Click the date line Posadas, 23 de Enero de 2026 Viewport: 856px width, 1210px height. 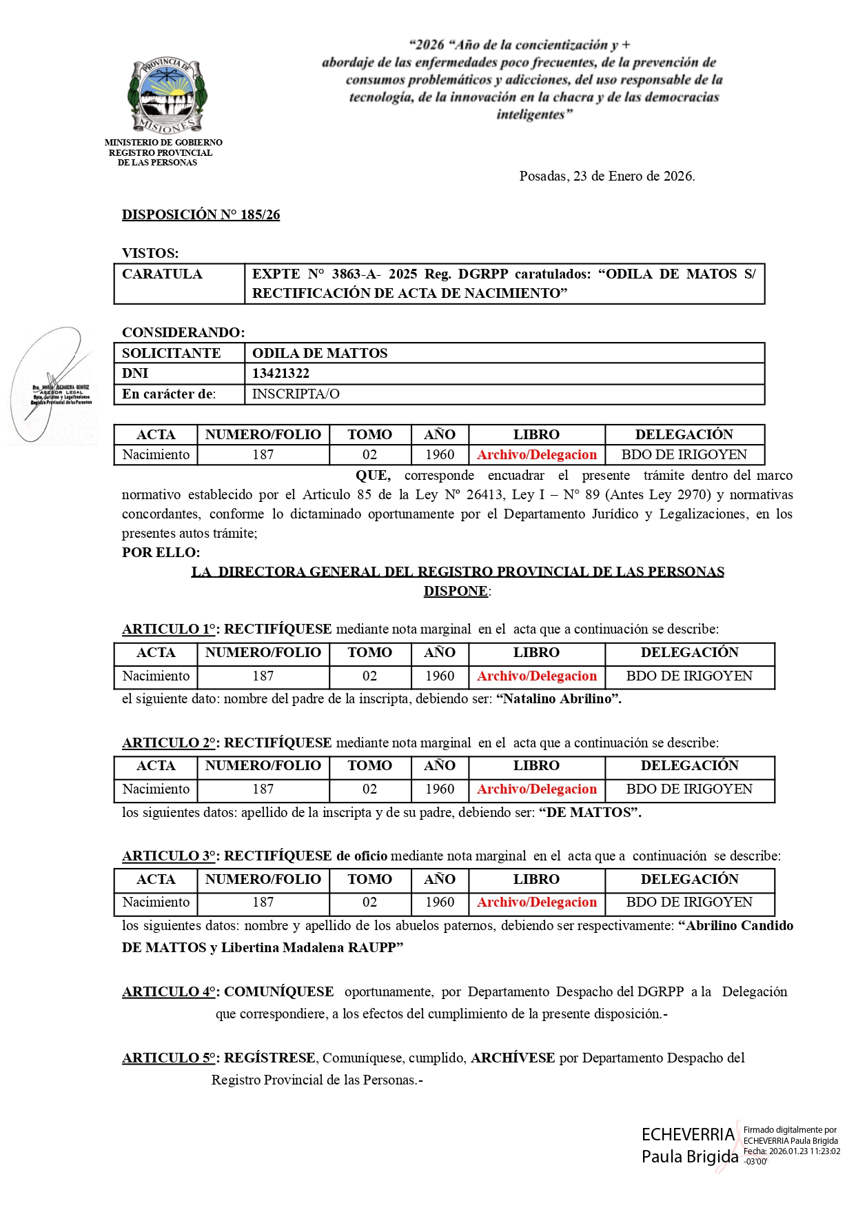[607, 177]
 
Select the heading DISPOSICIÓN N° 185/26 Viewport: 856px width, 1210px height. [201, 215]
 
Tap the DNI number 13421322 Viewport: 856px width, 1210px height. [281, 374]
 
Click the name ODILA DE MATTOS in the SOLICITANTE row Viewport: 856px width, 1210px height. [320, 354]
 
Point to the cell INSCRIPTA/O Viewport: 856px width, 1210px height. [296, 394]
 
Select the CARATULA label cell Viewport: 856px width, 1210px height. [163, 274]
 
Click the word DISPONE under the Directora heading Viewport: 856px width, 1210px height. [456, 592]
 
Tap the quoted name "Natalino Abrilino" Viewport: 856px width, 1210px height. [558, 699]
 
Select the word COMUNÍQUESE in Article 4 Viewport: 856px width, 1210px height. [278, 992]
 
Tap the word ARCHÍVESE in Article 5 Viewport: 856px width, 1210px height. [513, 1058]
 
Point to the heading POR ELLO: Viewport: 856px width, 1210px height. [161, 553]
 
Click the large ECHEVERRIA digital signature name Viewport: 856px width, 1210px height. [688, 1135]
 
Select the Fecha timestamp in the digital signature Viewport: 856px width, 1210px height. [791, 1151]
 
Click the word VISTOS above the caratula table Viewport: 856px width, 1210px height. [150, 254]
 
